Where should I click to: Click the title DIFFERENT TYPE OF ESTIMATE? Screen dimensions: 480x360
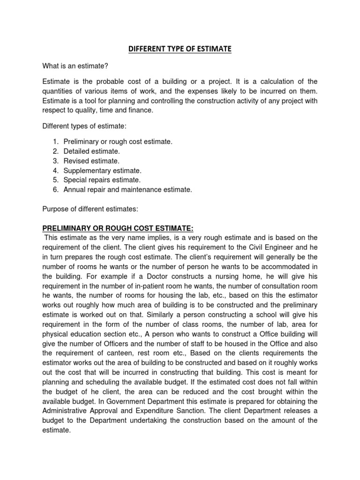coord(180,49)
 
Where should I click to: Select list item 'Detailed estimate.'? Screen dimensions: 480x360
coord(92,151)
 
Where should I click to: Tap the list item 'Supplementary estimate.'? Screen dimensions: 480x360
coord(102,171)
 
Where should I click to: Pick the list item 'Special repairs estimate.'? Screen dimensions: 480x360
coord(102,180)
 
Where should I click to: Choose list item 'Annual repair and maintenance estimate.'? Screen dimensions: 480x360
coord(128,190)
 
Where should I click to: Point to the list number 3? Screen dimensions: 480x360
coord(55,161)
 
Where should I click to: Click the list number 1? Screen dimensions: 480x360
coord(55,142)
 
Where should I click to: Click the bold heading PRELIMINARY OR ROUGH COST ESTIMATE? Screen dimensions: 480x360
coord(118,228)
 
